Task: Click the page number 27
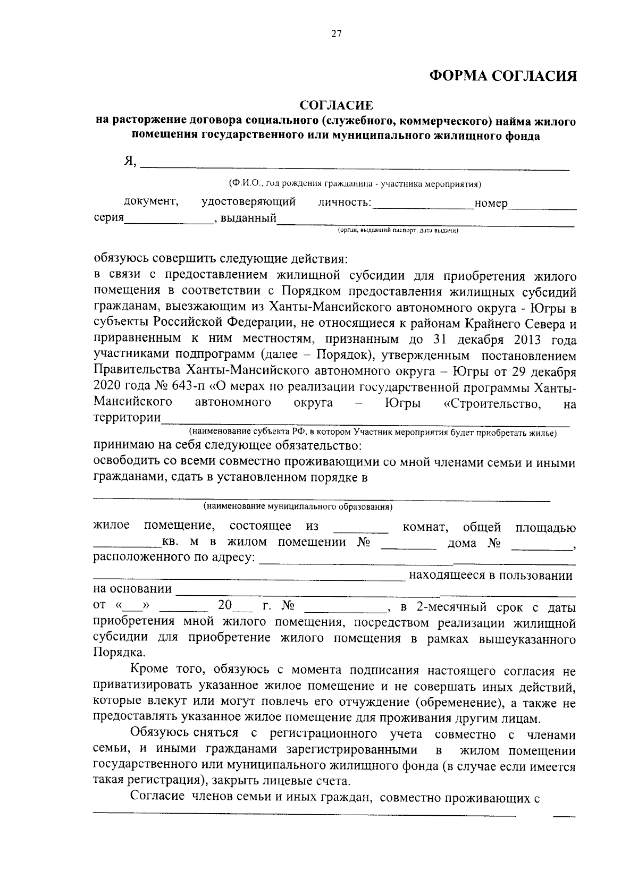pyautogui.click(x=336, y=34)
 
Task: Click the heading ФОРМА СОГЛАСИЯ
pyautogui.click(x=503, y=77)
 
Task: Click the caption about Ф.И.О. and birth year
pyautogui.click(x=355, y=184)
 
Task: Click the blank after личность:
pyautogui.click(x=423, y=206)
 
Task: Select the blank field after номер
pyautogui.click(x=542, y=206)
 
